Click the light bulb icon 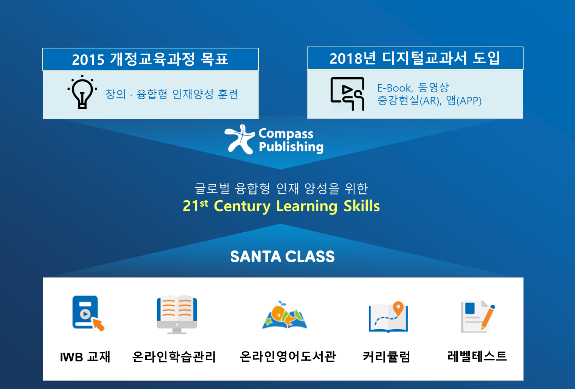pos(82,92)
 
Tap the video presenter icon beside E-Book pos(347,94)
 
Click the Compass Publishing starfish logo pos(240,139)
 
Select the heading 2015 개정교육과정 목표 pos(150,59)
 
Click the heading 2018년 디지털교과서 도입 pos(415,58)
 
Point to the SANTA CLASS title pos(282,257)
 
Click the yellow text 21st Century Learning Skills pos(281,206)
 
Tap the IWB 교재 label pos(85,357)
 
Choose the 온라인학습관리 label pos(174,357)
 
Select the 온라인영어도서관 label pos(287,356)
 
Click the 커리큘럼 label pos(386,357)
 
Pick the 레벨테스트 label pos(477,356)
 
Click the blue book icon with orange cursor pos(88,313)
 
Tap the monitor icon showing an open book pos(177,315)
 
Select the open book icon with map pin pos(388,317)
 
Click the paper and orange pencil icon pos(478,317)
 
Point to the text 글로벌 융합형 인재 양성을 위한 pos(281,188)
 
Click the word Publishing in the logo pos(291,147)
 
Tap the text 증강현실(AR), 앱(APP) pos(429,101)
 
